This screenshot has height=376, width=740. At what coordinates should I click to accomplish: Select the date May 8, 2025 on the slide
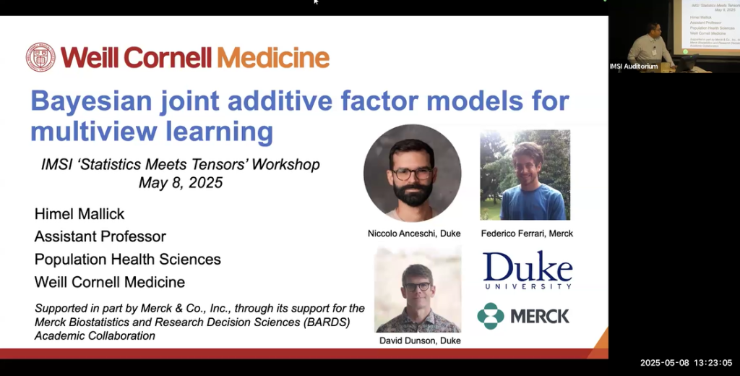click(181, 183)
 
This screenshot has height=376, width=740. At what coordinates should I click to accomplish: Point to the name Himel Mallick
click(79, 214)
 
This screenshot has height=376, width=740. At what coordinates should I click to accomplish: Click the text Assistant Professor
click(100, 236)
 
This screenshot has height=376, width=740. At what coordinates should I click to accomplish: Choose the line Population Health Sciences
click(128, 259)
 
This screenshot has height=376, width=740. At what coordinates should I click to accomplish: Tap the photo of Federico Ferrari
click(525, 175)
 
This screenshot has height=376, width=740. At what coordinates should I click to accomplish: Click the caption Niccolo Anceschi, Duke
click(413, 234)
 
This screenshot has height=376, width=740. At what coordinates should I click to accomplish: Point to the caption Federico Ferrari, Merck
click(527, 234)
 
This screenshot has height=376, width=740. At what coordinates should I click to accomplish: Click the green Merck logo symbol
click(491, 316)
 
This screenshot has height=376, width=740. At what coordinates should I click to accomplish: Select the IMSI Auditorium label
click(634, 67)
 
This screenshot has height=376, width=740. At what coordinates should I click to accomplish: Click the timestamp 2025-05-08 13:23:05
click(686, 363)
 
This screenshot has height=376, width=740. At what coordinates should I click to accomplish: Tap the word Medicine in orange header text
click(273, 58)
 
